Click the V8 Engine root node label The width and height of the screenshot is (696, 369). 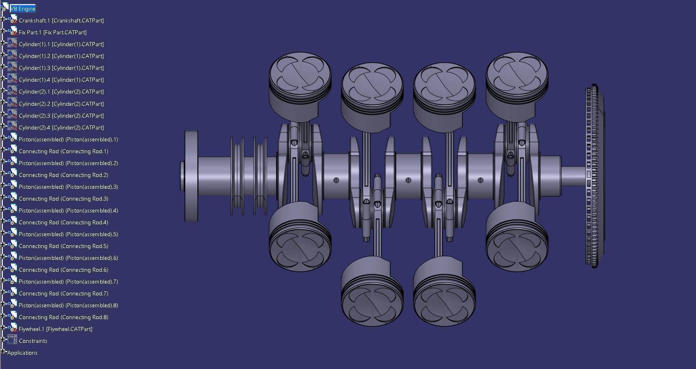coord(23,9)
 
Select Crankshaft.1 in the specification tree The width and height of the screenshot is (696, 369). coord(61,20)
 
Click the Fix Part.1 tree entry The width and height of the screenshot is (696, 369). coord(52,32)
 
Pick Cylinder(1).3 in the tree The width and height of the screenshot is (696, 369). coord(61,68)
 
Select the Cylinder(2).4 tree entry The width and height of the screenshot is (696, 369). coord(61,127)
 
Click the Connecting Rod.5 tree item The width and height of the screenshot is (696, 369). coord(63,246)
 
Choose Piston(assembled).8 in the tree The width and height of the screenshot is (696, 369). coord(68,305)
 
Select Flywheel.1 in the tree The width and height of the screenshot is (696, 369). coord(55,329)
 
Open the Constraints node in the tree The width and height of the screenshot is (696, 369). coord(33,341)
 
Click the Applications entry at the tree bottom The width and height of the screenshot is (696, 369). coord(22,353)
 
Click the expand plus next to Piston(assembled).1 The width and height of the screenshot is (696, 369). coord(3,139)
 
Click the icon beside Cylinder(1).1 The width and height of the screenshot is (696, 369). coord(12,44)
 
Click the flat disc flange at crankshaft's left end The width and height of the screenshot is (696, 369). coord(191,176)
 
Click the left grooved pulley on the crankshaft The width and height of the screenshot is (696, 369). coord(237,176)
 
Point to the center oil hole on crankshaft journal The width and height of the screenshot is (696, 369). coord(408,180)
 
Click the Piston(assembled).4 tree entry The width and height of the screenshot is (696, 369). coord(68,210)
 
